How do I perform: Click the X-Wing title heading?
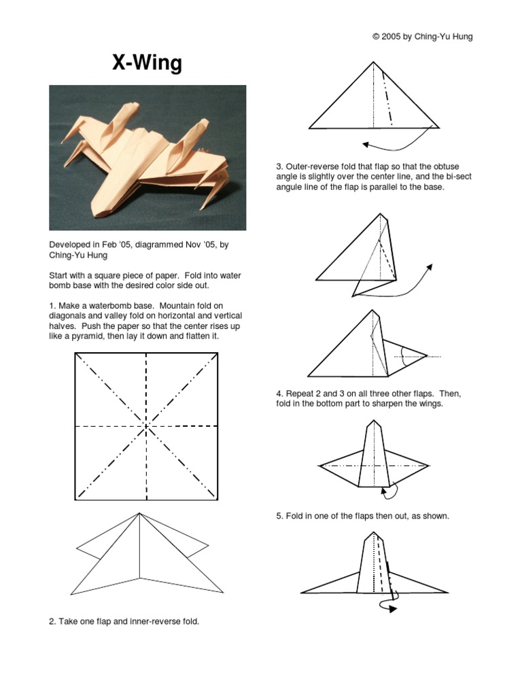[x=147, y=63]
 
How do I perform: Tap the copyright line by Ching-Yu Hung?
[x=422, y=37]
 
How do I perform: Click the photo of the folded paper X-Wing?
[x=147, y=158]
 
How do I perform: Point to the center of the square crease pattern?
[x=146, y=427]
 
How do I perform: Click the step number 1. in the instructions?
[x=52, y=306]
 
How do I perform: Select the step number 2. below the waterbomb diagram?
[x=52, y=621]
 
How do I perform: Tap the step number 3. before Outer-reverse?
[x=279, y=167]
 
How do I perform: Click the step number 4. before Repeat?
[x=279, y=394]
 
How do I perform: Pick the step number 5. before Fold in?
[x=279, y=516]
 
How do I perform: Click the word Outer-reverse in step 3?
[x=313, y=167]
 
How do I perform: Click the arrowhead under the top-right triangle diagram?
[x=366, y=143]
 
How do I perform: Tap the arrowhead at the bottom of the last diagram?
[x=393, y=610]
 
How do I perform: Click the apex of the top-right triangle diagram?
[x=373, y=62]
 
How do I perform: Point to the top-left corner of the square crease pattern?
[x=75, y=353]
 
